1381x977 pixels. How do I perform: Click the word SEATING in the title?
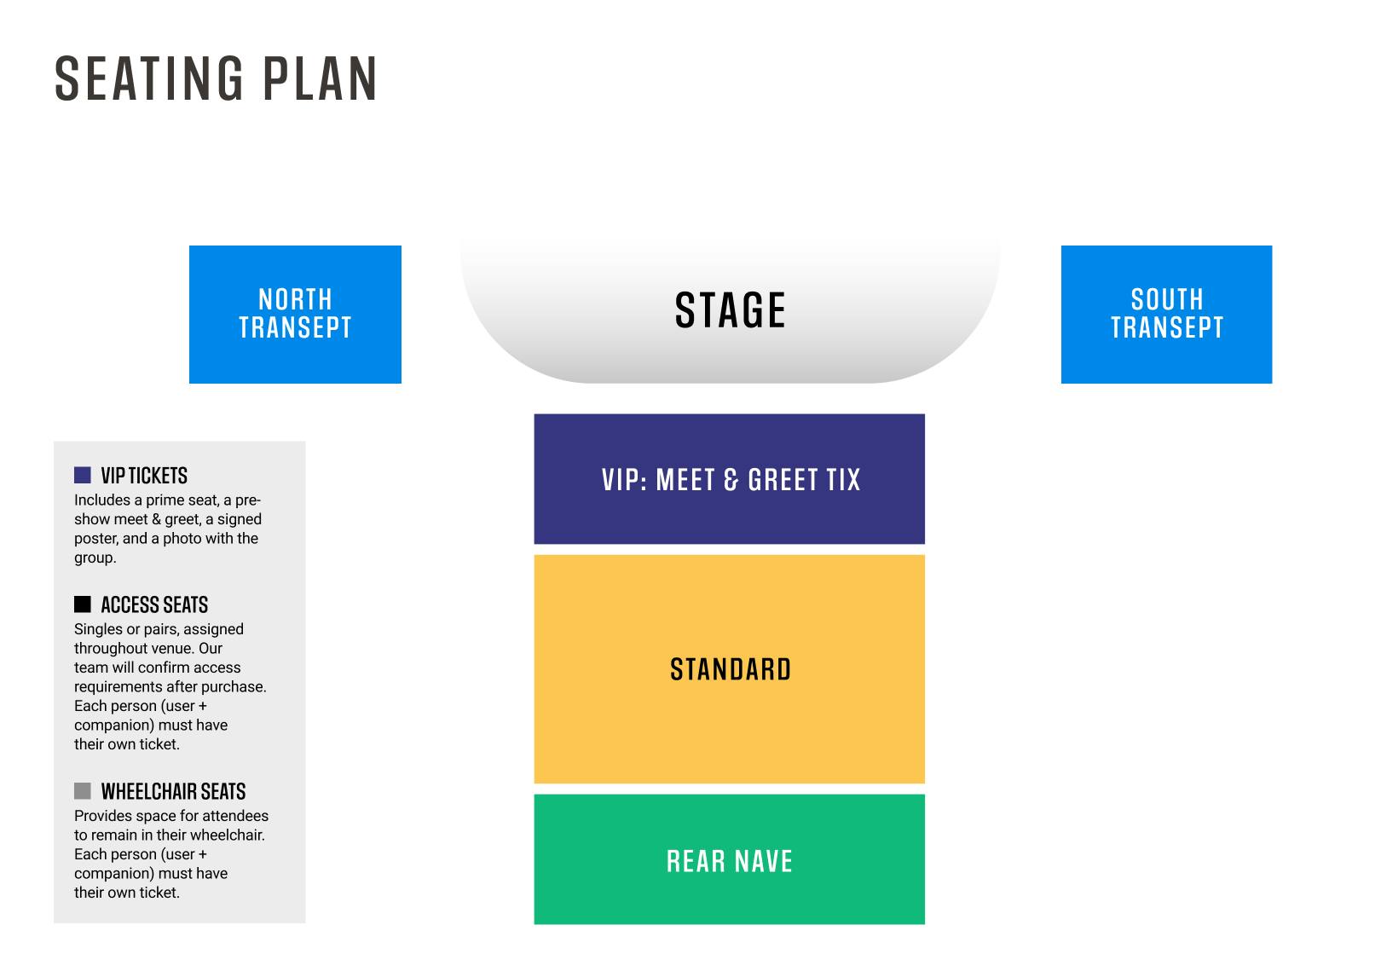[x=149, y=78]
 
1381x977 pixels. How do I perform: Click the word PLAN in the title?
[x=320, y=78]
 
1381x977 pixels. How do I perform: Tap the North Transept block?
[x=295, y=315]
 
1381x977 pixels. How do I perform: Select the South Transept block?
[x=1166, y=315]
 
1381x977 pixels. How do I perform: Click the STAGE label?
[x=730, y=310]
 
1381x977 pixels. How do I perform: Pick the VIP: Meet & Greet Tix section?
[x=730, y=479]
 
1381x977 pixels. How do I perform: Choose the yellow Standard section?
[x=730, y=668]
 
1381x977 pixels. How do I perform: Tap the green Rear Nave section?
[x=730, y=859]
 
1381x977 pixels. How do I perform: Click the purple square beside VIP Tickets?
[x=83, y=475]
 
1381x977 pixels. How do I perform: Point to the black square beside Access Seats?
[x=83, y=604]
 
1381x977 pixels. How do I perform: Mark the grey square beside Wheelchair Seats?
[x=83, y=791]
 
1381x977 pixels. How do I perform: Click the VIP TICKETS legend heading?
[x=144, y=476]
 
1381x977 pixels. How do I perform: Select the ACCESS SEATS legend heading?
[x=155, y=604]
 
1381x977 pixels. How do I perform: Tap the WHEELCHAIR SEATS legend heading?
[x=173, y=791]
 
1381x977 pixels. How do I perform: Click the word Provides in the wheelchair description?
[x=102, y=816]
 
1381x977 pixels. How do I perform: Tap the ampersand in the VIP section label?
[x=731, y=480]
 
